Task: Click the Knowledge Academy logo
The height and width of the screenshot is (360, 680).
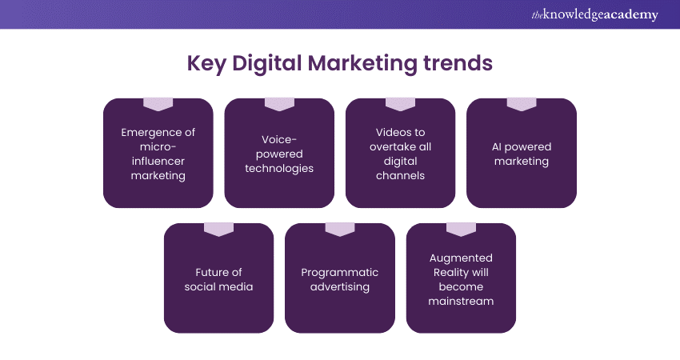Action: [594, 14]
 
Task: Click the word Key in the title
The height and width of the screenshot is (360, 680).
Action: [206, 63]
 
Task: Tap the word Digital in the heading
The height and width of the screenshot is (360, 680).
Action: [266, 63]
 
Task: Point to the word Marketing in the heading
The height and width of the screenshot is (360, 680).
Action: [362, 63]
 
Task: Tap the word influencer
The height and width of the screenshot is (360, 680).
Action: [158, 161]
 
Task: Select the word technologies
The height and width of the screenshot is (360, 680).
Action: [279, 168]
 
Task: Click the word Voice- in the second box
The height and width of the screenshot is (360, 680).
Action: [279, 139]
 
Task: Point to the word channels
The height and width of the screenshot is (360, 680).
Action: [400, 175]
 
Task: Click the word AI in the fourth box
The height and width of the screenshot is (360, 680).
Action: [497, 147]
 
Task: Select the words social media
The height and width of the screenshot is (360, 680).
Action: [218, 286]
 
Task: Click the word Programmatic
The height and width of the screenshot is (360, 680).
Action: [340, 273]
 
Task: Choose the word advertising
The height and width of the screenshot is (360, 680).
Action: [340, 287]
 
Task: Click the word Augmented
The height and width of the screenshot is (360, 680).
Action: [461, 258]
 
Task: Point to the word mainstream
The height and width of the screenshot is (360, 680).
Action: [461, 301]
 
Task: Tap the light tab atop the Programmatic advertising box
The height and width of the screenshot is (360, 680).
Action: [340, 230]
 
